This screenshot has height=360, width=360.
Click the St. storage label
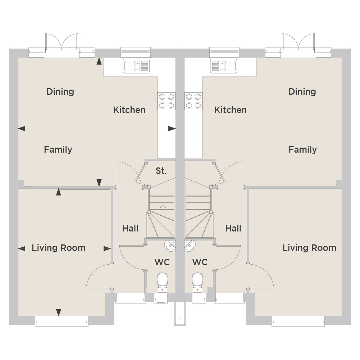[161, 171]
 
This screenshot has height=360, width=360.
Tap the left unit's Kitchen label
[129, 110]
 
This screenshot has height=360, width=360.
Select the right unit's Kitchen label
[230, 110]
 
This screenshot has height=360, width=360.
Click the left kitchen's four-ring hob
[167, 101]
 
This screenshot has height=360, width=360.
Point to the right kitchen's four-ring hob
[193, 101]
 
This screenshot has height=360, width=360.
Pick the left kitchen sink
[136, 66]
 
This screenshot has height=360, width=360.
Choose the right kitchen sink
[224, 66]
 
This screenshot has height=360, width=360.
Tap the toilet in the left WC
[162, 283]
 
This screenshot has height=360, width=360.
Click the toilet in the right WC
[197, 283]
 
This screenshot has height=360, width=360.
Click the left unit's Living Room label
[59, 248]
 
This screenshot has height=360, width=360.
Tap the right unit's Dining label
[302, 91]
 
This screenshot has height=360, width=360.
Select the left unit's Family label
[58, 149]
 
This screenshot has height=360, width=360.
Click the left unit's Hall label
[130, 228]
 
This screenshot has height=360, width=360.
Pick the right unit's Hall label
[233, 228]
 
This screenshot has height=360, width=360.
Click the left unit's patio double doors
[61, 45]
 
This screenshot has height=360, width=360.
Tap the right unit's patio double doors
[298, 45]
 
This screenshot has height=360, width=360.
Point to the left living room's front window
[61, 321]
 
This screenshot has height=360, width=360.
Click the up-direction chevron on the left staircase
[163, 207]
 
